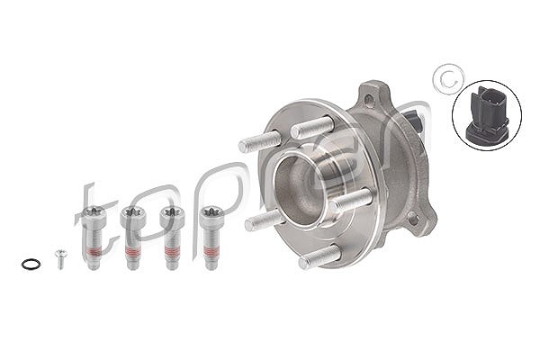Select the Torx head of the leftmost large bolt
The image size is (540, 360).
tap(94, 213)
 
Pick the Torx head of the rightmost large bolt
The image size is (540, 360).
tap(212, 213)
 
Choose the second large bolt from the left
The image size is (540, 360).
tap(133, 238)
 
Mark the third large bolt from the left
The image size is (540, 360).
tap(172, 238)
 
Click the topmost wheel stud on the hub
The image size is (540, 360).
tap(312, 127)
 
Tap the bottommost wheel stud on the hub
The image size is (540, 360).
tap(319, 256)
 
